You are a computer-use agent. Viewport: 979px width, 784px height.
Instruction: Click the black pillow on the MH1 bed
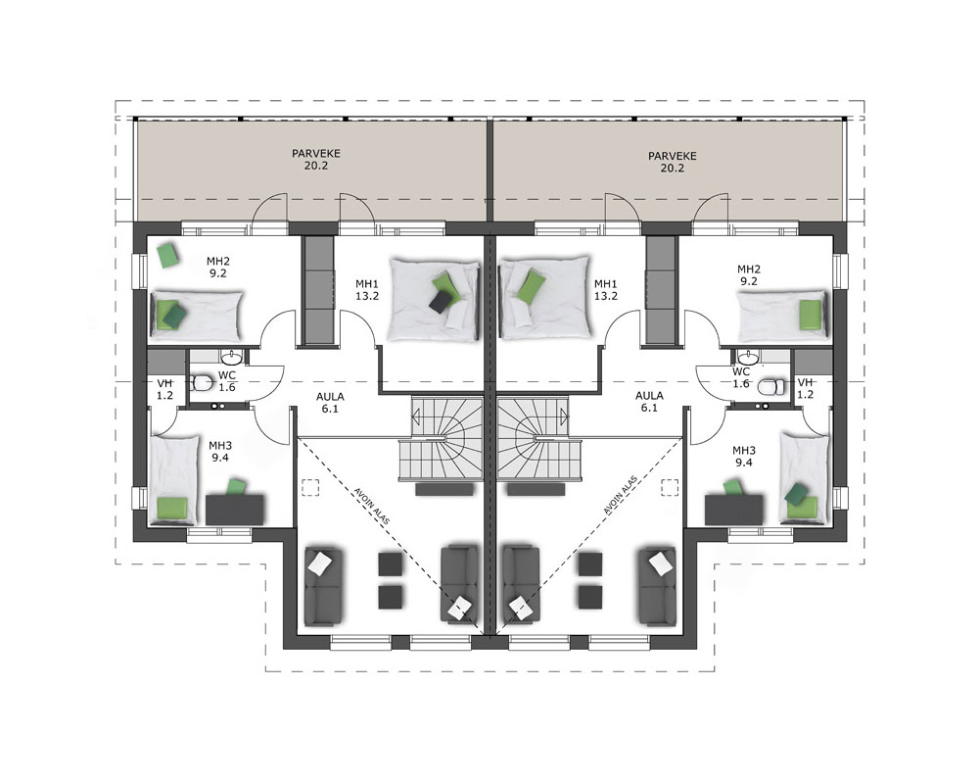click(x=441, y=303)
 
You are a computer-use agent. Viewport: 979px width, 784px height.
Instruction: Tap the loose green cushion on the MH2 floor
click(x=167, y=255)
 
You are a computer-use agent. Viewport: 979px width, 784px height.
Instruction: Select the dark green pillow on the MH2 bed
click(x=175, y=315)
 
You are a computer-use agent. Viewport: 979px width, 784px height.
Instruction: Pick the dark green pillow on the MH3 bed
click(x=796, y=493)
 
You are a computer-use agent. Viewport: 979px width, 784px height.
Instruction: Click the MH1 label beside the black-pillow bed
click(x=367, y=284)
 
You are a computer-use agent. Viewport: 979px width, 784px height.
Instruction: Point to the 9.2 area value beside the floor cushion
click(x=218, y=273)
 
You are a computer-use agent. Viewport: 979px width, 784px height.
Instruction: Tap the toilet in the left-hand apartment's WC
click(x=202, y=381)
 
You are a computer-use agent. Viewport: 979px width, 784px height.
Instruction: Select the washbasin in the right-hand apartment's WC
click(x=747, y=357)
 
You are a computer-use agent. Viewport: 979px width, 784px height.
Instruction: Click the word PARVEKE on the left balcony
click(x=316, y=153)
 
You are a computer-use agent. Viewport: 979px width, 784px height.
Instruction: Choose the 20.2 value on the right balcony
click(x=673, y=169)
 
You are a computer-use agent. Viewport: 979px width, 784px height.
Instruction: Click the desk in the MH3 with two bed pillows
click(x=733, y=510)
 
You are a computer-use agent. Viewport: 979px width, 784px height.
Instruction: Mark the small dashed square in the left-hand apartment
click(x=310, y=487)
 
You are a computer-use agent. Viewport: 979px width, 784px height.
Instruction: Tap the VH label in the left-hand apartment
click(x=164, y=382)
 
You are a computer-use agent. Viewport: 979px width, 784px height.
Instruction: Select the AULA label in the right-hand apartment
click(x=649, y=396)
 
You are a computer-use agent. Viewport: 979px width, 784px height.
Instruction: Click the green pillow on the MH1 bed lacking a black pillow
click(x=532, y=285)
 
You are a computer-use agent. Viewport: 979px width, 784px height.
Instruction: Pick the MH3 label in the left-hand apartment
click(x=220, y=446)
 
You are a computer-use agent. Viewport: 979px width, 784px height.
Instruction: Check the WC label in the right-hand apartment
click(x=741, y=372)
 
